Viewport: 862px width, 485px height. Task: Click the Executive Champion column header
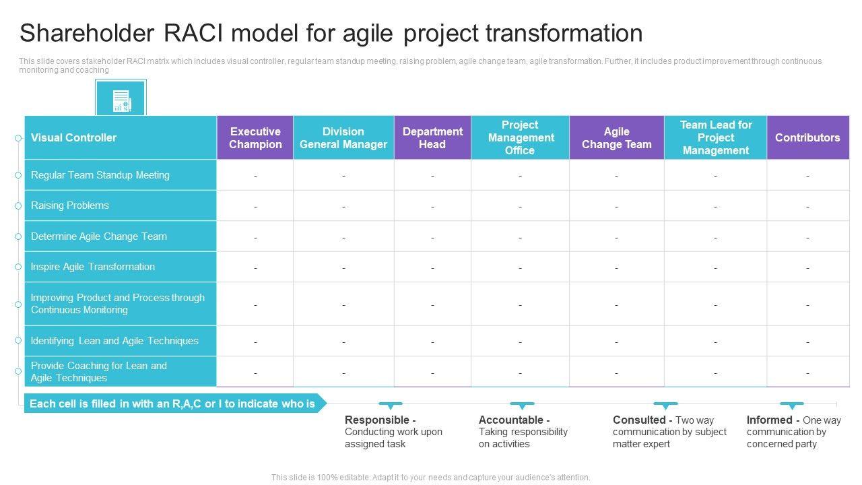tap(255, 138)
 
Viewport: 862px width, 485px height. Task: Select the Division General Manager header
tap(343, 138)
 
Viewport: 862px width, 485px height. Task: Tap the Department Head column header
tap(432, 138)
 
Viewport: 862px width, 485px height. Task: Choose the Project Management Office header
tap(521, 138)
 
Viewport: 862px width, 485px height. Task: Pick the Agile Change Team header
tap(616, 138)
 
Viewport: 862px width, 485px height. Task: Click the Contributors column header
tap(807, 138)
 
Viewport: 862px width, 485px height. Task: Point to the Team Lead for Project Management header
tap(715, 138)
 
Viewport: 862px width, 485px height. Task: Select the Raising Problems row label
tap(69, 205)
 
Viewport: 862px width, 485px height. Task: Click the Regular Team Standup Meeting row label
tap(100, 175)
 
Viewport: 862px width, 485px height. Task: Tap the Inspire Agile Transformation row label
tap(93, 267)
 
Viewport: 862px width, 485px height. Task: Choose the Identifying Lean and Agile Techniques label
tap(114, 341)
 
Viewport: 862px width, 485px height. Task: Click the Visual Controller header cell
tap(121, 138)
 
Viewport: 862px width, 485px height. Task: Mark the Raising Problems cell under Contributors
tap(807, 205)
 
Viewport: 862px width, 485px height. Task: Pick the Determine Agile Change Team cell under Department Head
tap(432, 236)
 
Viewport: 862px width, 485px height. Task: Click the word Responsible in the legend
tap(376, 420)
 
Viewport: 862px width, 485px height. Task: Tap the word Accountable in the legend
tap(511, 420)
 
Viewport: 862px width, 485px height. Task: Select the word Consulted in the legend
tap(639, 420)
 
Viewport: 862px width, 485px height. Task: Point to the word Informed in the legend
tap(769, 420)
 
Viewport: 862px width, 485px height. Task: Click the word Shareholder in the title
tap(87, 33)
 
